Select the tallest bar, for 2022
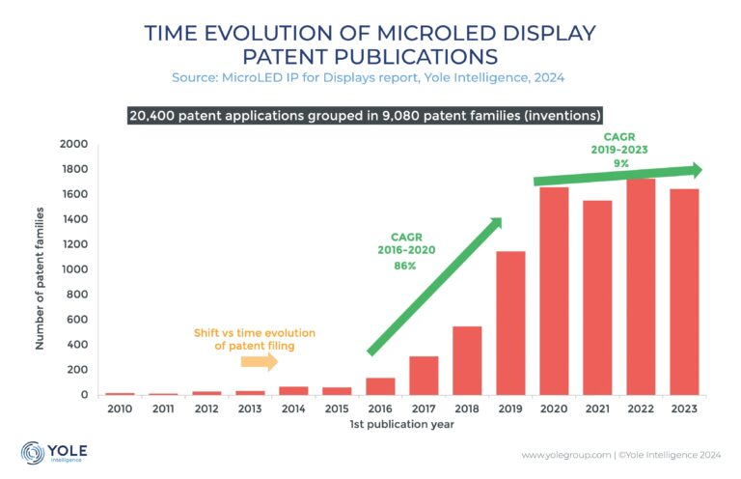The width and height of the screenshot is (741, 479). pyautogui.click(x=642, y=287)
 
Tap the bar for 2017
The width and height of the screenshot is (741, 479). pyautogui.click(x=424, y=376)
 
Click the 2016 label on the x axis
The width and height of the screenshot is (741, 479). pyautogui.click(x=380, y=409)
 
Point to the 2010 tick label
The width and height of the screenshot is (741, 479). pyautogui.click(x=120, y=409)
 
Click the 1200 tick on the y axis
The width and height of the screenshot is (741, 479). pyautogui.click(x=75, y=244)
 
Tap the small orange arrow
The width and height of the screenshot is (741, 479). pyautogui.click(x=259, y=362)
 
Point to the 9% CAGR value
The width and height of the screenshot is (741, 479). pyautogui.click(x=618, y=163)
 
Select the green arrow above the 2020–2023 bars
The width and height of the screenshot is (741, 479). pyautogui.click(x=617, y=176)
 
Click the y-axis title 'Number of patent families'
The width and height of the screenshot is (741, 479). pyautogui.click(x=42, y=269)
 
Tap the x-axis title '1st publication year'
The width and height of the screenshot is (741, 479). pyautogui.click(x=401, y=425)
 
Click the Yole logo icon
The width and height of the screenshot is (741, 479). pyautogui.click(x=33, y=451)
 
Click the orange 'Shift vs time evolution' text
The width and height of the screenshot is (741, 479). pyautogui.click(x=255, y=333)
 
